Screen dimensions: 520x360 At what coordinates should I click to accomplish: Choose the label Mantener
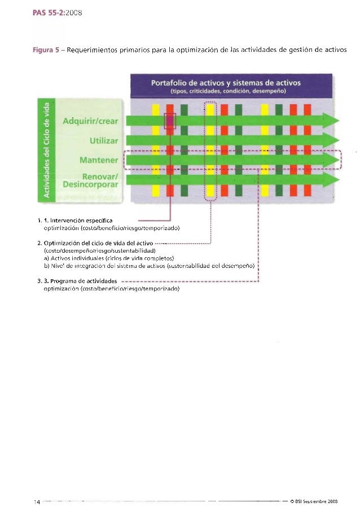99,160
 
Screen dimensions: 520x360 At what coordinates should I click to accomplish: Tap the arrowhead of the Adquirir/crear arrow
330,121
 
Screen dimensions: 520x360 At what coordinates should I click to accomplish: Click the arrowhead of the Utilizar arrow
330,140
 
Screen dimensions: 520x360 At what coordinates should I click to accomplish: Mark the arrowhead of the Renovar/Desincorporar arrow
330,179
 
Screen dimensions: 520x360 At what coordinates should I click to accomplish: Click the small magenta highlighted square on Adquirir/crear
170,121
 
